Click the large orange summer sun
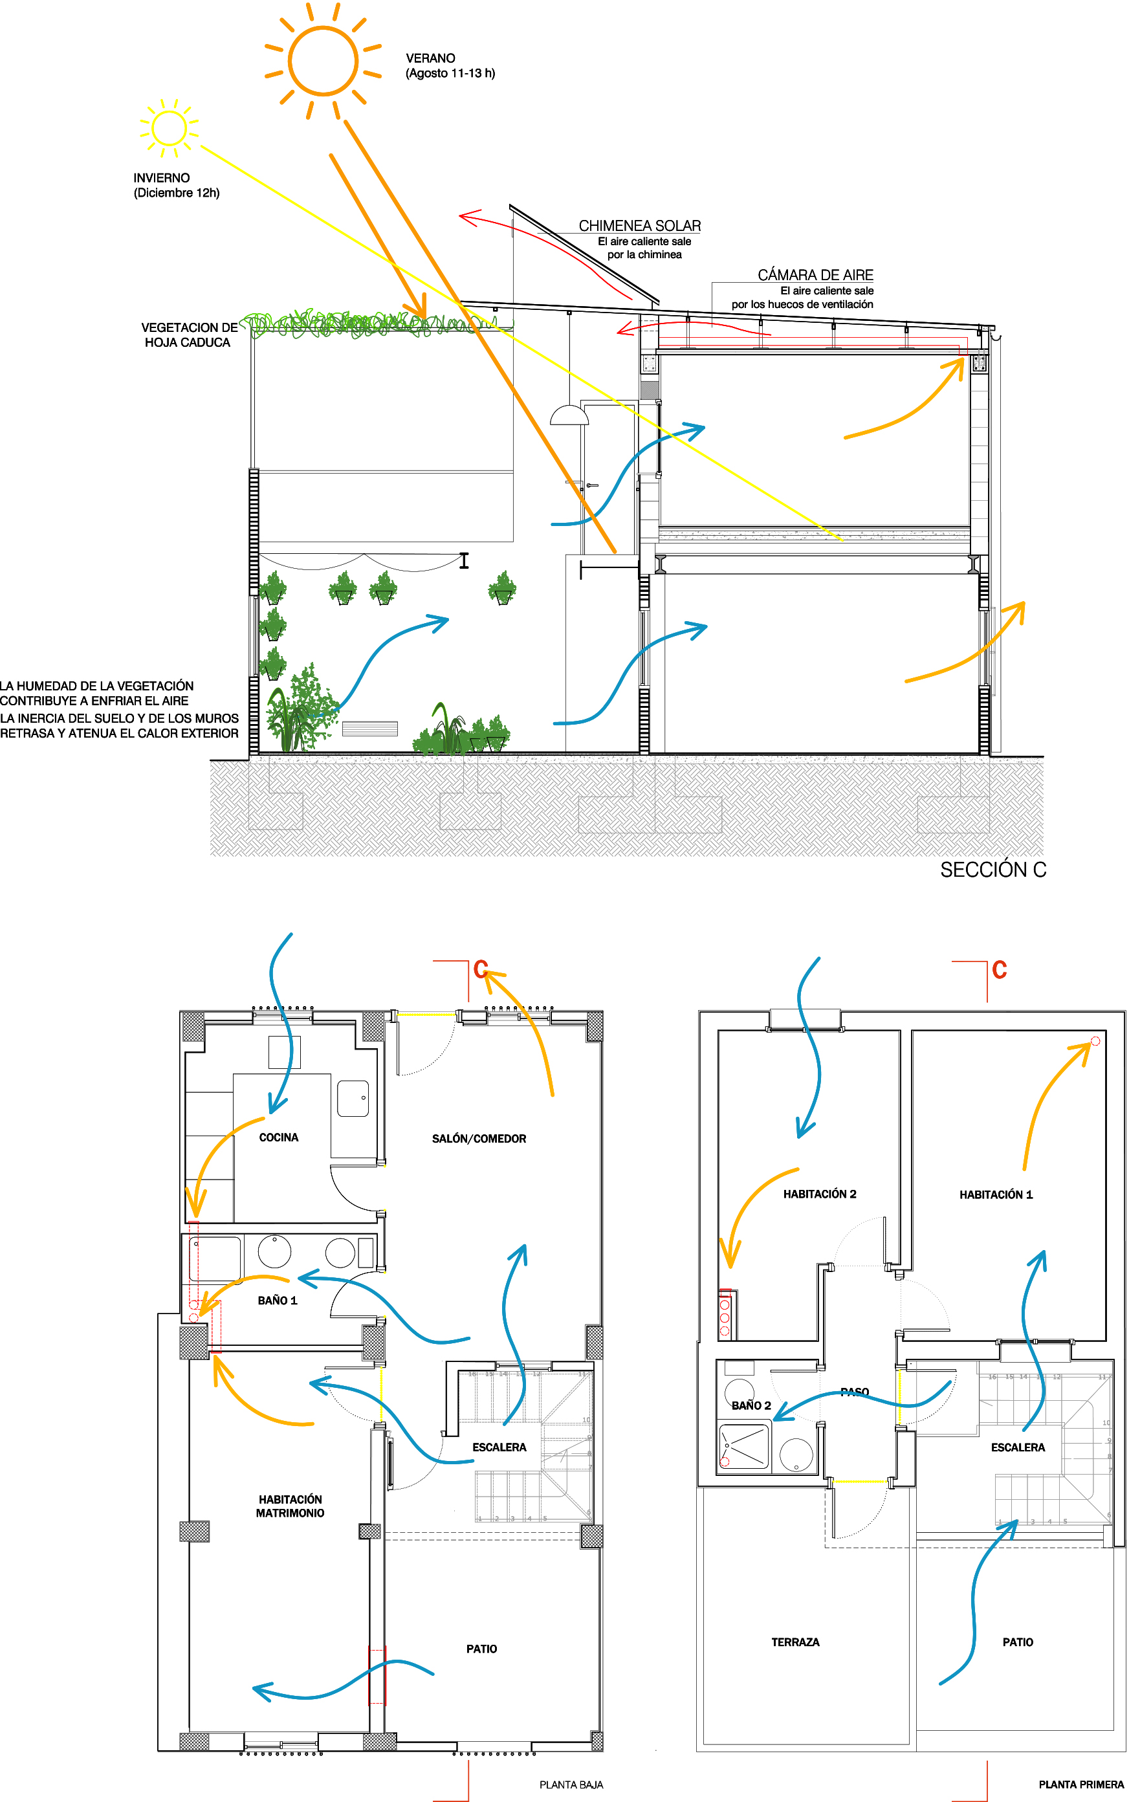point(323,60)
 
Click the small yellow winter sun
point(169,129)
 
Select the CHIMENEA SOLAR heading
point(640,226)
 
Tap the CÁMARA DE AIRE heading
point(815,275)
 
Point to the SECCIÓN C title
point(993,870)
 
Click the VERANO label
point(430,58)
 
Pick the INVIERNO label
point(161,178)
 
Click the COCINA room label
point(278,1137)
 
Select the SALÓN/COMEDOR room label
point(479,1139)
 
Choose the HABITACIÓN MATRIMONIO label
point(290,1506)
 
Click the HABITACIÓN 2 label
point(819,1194)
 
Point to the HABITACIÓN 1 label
point(995,1195)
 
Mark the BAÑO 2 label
point(751,1405)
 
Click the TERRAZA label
point(795,1642)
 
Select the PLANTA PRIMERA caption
point(1081,1785)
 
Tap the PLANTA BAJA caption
point(571,1785)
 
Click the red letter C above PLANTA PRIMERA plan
point(1000,970)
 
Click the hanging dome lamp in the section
point(569,415)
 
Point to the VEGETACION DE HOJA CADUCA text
point(188,335)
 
